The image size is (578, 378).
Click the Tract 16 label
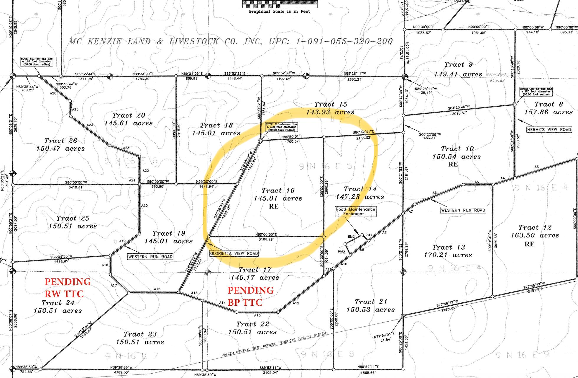tap(278, 190)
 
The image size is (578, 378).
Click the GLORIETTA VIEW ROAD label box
tap(234, 253)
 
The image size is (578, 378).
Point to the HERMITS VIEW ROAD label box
tap(549, 129)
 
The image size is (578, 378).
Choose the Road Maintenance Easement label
tap(355, 211)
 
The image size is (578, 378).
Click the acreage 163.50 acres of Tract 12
tap(535, 235)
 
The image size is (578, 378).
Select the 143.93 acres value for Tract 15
tap(330, 112)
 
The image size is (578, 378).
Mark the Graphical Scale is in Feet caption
tap(279, 12)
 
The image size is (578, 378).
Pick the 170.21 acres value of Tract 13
tap(448, 255)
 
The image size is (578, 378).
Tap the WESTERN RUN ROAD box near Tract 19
tap(150, 257)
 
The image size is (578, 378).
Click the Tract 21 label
tap(370, 302)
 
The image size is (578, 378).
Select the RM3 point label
tap(341, 251)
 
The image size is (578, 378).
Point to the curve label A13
tap(257, 315)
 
